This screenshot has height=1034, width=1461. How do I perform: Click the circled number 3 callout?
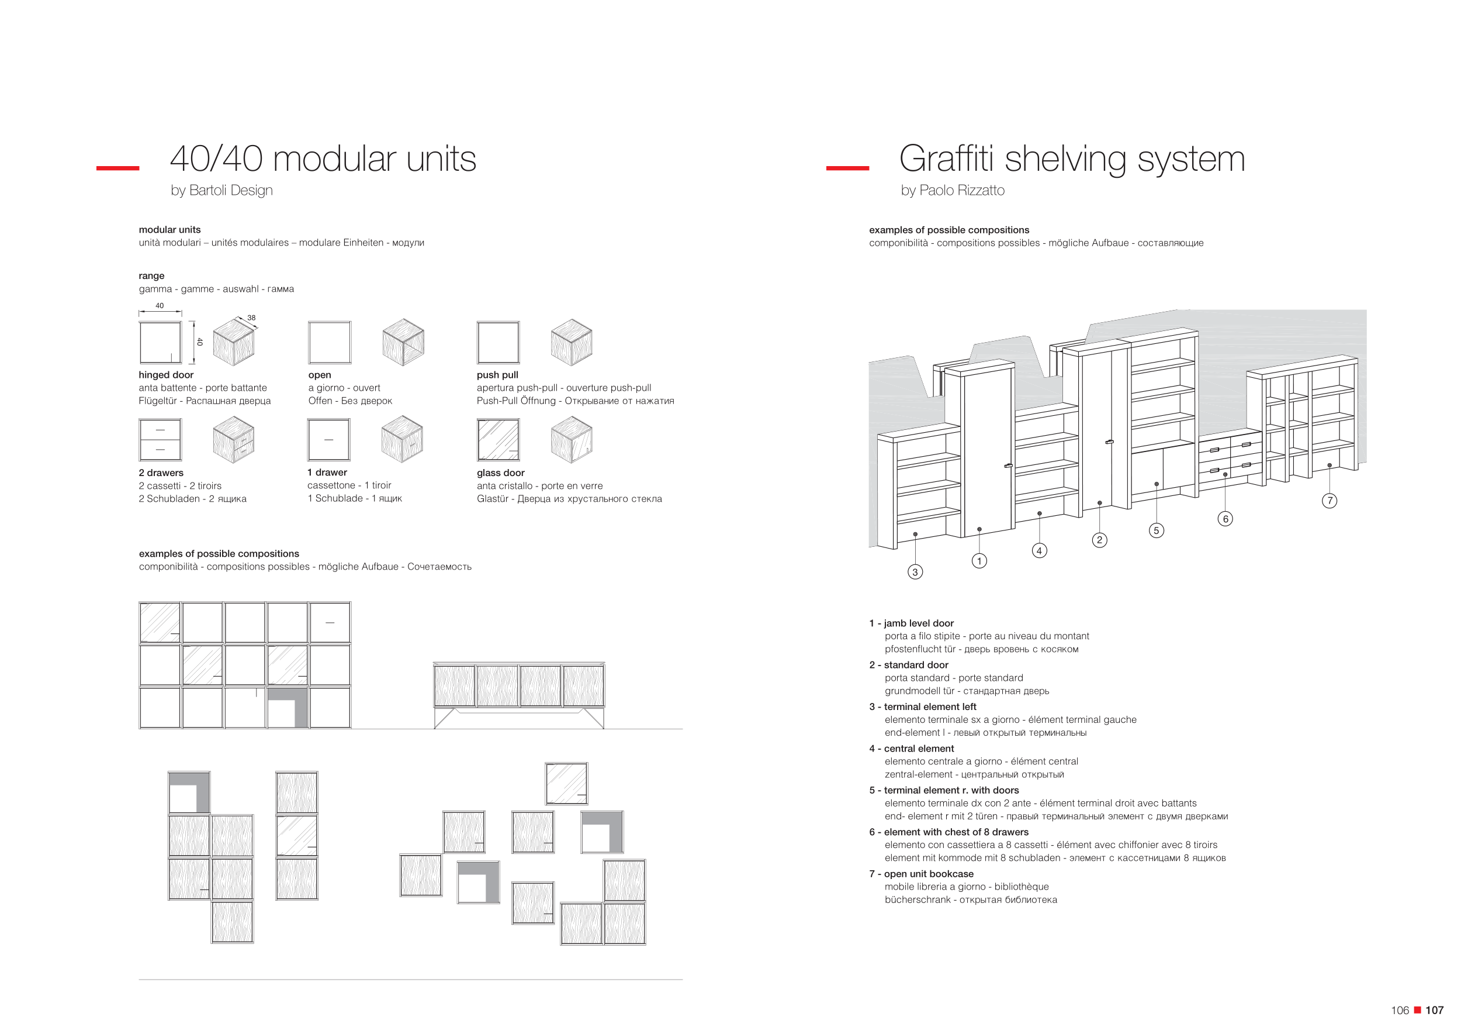click(915, 572)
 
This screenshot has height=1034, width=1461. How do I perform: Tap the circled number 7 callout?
click(1330, 501)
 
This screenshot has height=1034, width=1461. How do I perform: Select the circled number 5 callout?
click(1156, 530)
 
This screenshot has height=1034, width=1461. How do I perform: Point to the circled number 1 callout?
click(979, 561)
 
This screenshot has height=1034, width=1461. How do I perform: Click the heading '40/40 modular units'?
click(323, 158)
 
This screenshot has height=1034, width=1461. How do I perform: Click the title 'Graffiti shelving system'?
click(1072, 158)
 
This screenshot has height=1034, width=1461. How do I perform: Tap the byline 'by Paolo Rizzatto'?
click(952, 191)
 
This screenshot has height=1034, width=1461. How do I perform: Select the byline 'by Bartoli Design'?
click(221, 191)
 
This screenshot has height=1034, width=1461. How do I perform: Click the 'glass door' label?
click(500, 473)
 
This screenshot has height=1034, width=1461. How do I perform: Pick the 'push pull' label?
click(497, 375)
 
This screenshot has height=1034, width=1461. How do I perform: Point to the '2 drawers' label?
click(161, 473)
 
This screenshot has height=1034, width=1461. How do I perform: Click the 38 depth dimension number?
click(251, 318)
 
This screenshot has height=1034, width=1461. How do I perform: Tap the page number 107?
click(1434, 1011)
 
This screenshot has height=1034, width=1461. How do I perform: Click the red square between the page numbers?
click(1417, 1010)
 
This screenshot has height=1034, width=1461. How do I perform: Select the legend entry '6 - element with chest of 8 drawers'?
click(948, 832)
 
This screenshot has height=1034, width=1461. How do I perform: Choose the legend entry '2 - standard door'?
click(909, 665)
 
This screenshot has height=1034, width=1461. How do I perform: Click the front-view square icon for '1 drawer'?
click(328, 439)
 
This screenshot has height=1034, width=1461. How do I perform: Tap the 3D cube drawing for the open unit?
click(403, 342)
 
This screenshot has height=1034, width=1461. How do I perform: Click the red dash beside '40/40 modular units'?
click(117, 168)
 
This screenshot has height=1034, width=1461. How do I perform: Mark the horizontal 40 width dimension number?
click(160, 306)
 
